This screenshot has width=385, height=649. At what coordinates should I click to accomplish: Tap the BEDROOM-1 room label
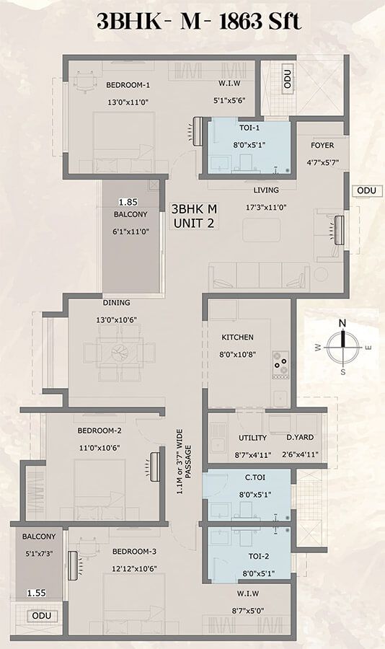click(x=128, y=85)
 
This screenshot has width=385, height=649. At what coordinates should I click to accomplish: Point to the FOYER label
click(x=322, y=145)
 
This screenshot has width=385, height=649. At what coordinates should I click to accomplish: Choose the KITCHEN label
click(x=238, y=337)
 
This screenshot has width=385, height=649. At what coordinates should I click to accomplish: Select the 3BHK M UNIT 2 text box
click(x=193, y=216)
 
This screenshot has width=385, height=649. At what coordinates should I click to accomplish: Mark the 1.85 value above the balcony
click(x=128, y=202)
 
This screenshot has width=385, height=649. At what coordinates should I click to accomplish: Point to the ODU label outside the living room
click(x=363, y=190)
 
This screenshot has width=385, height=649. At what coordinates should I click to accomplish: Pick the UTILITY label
click(x=252, y=438)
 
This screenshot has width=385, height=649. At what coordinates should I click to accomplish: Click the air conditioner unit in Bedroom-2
click(x=154, y=464)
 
